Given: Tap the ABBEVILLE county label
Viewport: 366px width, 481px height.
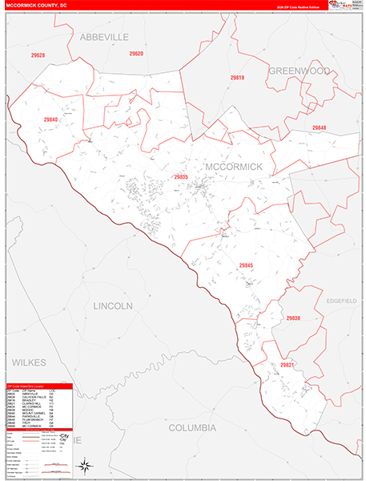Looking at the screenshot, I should click(103, 37).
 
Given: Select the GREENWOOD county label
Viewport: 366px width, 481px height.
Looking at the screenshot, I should click(299, 71).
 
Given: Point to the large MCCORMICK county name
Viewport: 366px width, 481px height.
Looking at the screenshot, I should click(234, 166).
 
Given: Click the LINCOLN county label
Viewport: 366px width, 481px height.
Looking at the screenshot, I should click(113, 306).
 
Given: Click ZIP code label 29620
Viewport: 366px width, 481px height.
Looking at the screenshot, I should click(136, 54).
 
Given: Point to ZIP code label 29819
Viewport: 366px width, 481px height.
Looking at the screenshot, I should click(236, 77).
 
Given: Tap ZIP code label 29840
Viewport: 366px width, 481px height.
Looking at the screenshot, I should click(51, 119).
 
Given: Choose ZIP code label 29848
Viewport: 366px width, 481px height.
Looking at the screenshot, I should click(319, 127).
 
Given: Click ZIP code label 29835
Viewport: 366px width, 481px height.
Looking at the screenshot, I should click(180, 176).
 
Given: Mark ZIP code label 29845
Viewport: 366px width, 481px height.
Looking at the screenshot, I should click(245, 265).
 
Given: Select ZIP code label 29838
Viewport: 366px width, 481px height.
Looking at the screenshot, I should click(293, 318).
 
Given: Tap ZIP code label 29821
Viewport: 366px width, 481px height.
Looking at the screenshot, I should click(287, 365).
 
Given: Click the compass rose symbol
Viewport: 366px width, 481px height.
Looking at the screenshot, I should click(84, 464).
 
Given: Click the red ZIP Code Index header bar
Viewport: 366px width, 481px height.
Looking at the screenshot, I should click(38, 386).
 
